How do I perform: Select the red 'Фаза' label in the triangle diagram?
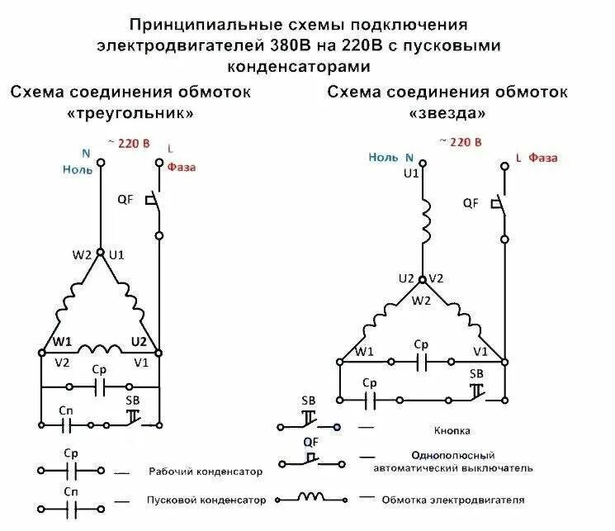pos(182,168)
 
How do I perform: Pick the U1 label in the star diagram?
pos(411,174)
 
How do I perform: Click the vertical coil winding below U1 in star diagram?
pos(426,222)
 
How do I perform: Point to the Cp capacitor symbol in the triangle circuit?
pos(100,386)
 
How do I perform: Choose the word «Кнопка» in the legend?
pos(452,430)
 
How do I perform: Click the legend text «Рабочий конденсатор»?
pos(206,472)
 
